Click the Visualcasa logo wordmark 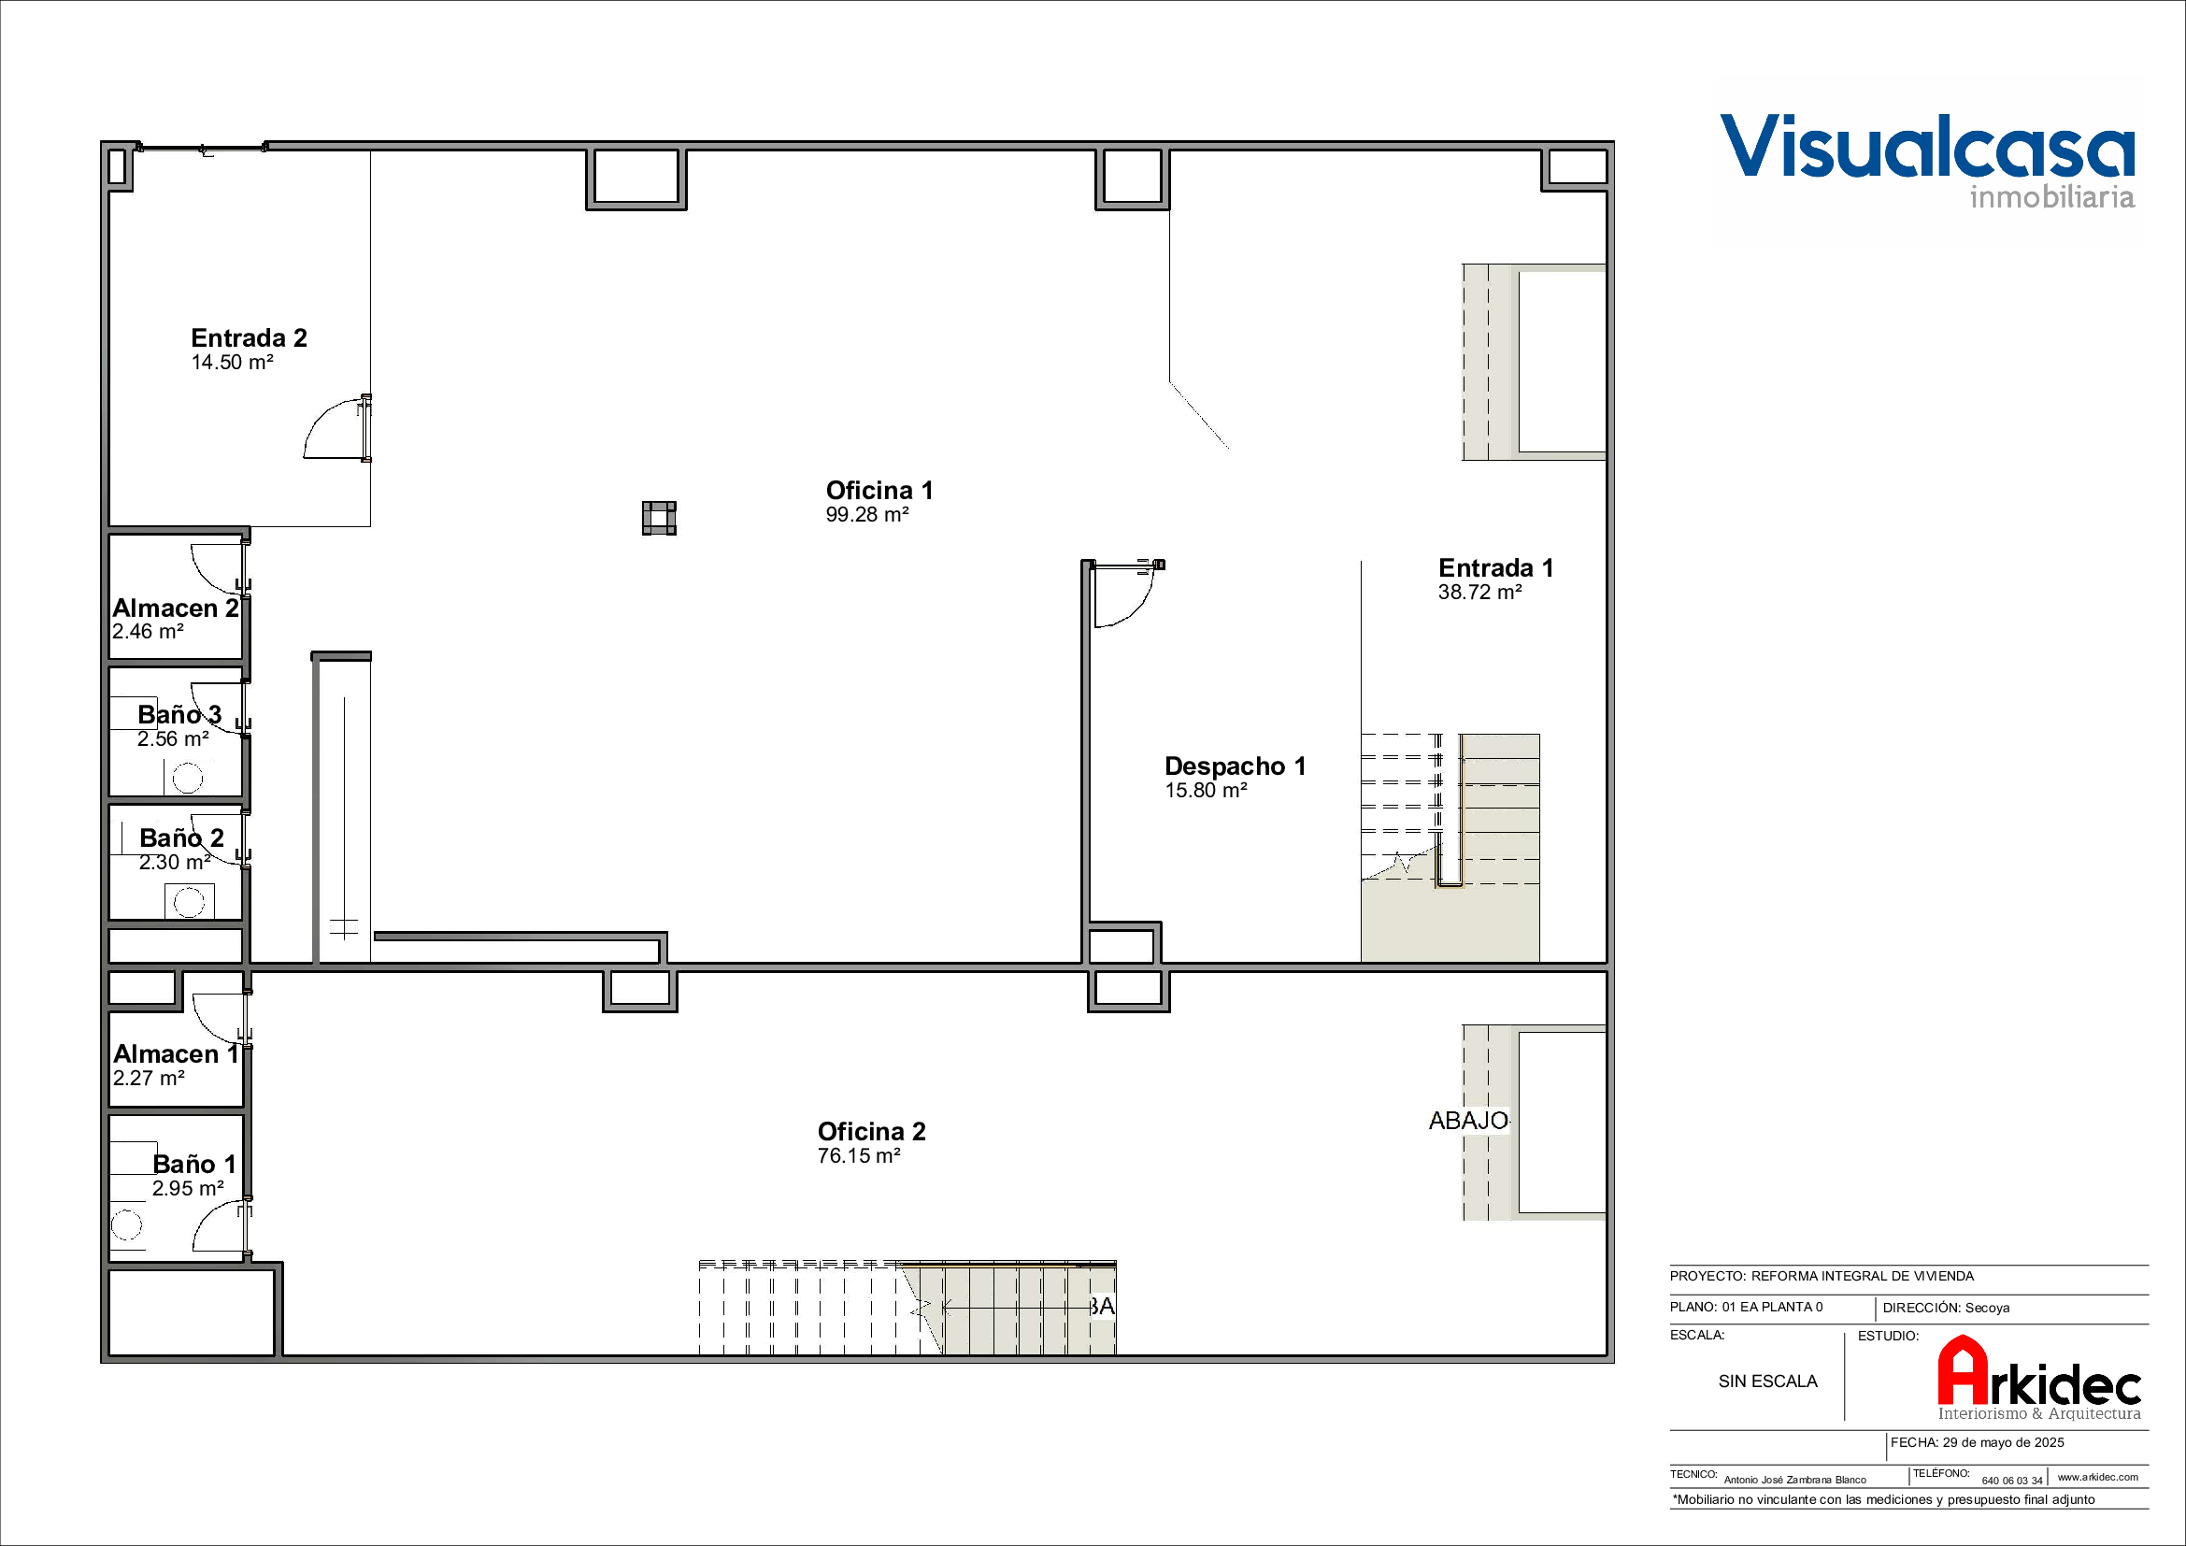pyautogui.click(x=1927, y=160)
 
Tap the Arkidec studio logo pyautogui.click(x=2039, y=1378)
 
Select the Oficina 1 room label pyautogui.click(x=879, y=491)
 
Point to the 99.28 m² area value pyautogui.click(x=866, y=515)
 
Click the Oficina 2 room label pyautogui.click(x=871, y=1131)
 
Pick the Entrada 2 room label pyautogui.click(x=249, y=338)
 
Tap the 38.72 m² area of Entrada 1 pyautogui.click(x=1479, y=592)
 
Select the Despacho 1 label pyautogui.click(x=1235, y=766)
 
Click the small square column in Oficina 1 pyautogui.click(x=659, y=518)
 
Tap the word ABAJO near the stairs pyautogui.click(x=1468, y=1121)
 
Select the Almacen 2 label pyautogui.click(x=175, y=608)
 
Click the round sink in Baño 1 pyautogui.click(x=125, y=1224)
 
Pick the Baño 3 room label pyautogui.click(x=179, y=715)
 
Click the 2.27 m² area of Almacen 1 pyautogui.click(x=149, y=1079)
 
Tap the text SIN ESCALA pyautogui.click(x=1768, y=1381)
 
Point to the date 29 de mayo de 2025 pyautogui.click(x=2003, y=1442)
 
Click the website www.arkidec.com pyautogui.click(x=2097, y=1478)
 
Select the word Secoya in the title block pyautogui.click(x=1987, y=1308)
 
